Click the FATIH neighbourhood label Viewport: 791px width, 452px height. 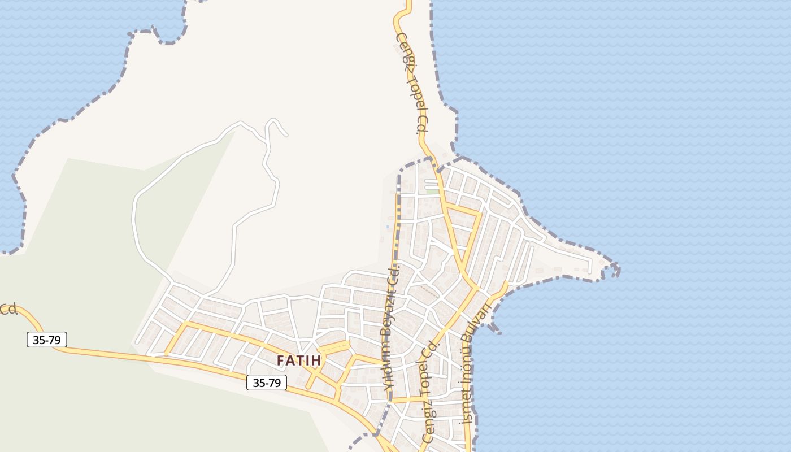point(299,360)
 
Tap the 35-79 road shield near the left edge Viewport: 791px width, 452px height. point(47,340)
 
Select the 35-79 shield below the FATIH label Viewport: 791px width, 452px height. point(267,383)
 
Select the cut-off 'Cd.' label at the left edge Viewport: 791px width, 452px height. point(8,309)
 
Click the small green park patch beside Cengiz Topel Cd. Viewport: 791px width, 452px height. point(432,192)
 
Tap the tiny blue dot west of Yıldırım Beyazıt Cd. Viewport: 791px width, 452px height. point(387,227)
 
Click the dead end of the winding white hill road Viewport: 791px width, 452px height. point(286,135)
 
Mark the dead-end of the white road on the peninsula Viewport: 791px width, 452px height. point(590,272)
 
